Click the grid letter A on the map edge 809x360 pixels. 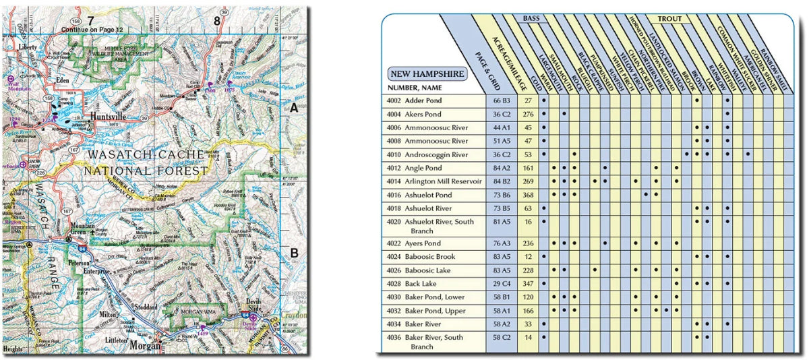point(294,108)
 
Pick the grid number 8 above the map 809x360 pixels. point(216,21)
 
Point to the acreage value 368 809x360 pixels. point(528,195)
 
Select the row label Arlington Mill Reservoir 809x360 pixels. point(443,181)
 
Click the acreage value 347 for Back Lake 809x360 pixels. point(528,284)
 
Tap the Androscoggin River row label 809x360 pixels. point(436,154)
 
